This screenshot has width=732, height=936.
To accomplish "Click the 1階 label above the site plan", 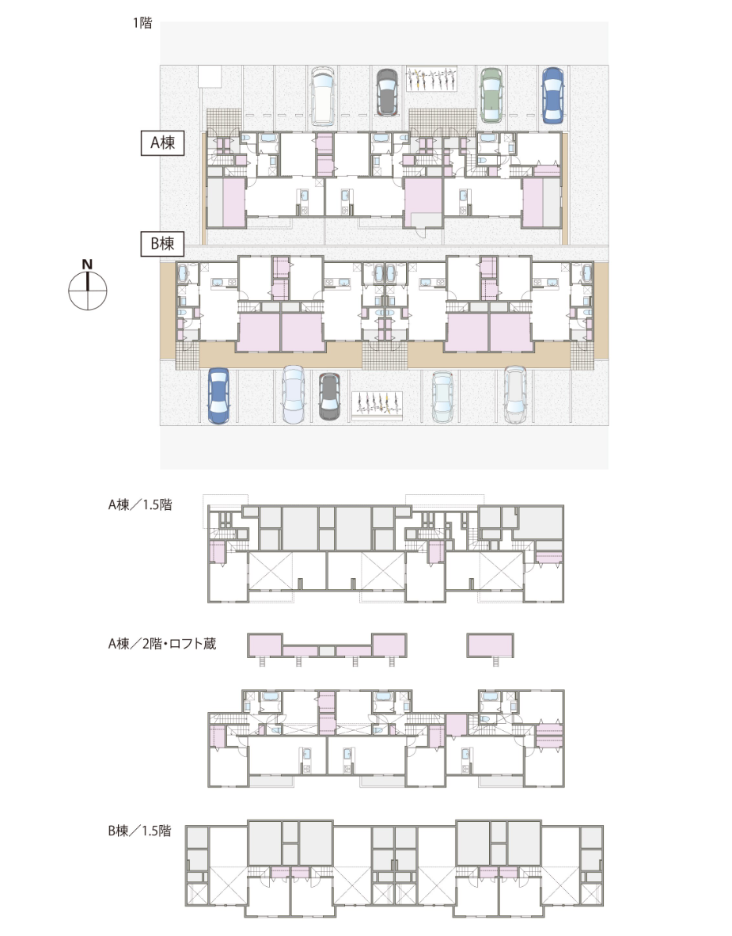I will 142,23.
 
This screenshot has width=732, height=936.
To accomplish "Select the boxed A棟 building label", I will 162,143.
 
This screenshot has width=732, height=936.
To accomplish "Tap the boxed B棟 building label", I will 161,244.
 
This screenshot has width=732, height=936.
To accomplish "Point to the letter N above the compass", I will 88,264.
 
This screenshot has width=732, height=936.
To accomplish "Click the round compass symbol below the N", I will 87,291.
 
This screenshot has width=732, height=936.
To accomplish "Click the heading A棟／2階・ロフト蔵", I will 161,644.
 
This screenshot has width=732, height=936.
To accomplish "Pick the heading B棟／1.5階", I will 139,831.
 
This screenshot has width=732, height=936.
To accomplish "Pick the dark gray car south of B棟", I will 329,395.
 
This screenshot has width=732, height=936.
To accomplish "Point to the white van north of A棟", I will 324,95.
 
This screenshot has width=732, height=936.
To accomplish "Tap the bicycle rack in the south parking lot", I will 376,404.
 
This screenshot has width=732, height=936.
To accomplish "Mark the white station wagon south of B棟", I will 514,394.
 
